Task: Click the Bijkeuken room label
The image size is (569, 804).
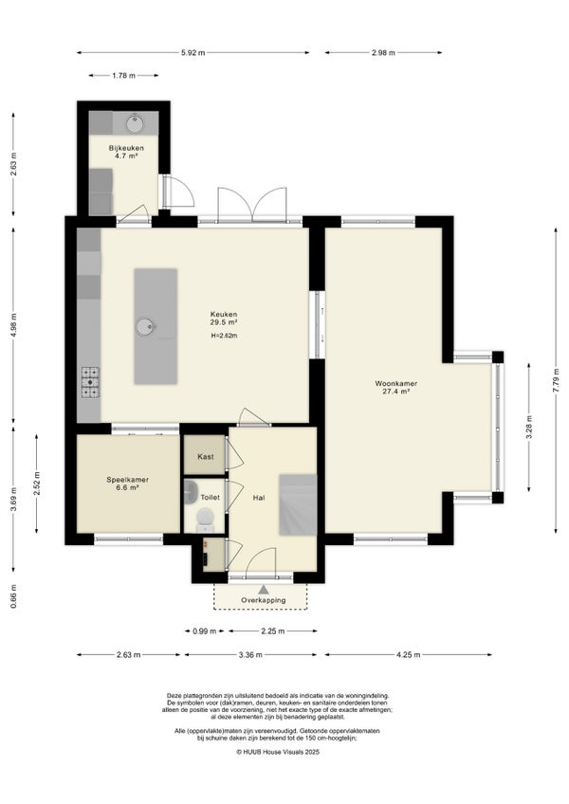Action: pyautogui.click(x=126, y=148)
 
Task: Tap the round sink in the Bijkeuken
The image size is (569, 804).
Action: pyautogui.click(x=135, y=123)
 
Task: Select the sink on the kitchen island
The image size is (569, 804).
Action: pyautogui.click(x=145, y=326)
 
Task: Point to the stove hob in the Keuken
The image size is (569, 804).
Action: pyautogui.click(x=90, y=382)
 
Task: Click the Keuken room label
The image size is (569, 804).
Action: pyautogui.click(x=224, y=315)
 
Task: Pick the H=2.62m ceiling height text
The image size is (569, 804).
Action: pyautogui.click(x=224, y=336)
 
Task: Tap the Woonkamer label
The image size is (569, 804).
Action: pyautogui.click(x=396, y=383)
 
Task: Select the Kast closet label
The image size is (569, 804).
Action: pyautogui.click(x=206, y=456)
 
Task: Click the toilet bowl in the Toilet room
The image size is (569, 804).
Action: pyautogui.click(x=205, y=519)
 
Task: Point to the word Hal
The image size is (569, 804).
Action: pyautogui.click(x=259, y=498)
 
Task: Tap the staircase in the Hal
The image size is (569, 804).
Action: pyautogui.click(x=298, y=505)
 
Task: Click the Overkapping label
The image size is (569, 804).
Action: pyautogui.click(x=264, y=600)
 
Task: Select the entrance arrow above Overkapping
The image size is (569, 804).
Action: pyautogui.click(x=264, y=590)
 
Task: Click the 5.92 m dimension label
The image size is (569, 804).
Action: pyautogui.click(x=193, y=52)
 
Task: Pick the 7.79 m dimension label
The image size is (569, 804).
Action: pyautogui.click(x=556, y=380)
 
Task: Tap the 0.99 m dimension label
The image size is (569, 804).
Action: pyautogui.click(x=204, y=631)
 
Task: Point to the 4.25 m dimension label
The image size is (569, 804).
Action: pyautogui.click(x=408, y=655)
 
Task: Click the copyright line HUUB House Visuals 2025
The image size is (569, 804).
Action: pyautogui.click(x=278, y=752)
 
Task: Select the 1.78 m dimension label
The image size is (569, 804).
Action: pyautogui.click(x=123, y=76)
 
